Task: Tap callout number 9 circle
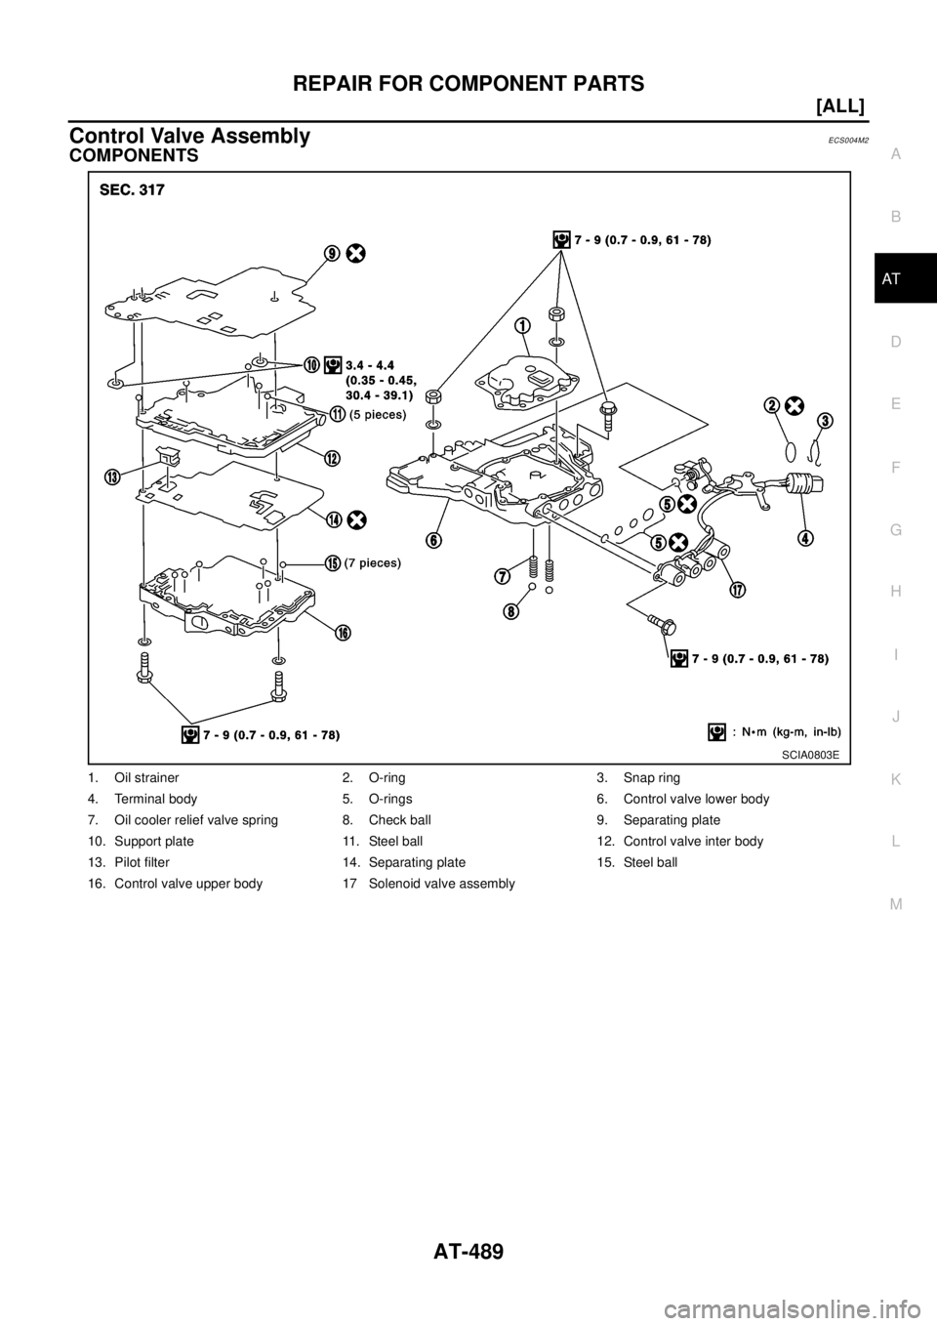(x=334, y=253)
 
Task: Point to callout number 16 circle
(x=343, y=633)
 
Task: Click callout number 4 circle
(x=807, y=536)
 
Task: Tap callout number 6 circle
(x=432, y=539)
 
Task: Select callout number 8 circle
(x=511, y=612)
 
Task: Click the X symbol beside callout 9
(x=357, y=253)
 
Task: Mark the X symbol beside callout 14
(x=357, y=519)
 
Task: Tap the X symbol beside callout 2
(x=794, y=403)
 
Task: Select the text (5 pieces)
(x=379, y=414)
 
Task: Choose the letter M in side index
(x=895, y=903)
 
